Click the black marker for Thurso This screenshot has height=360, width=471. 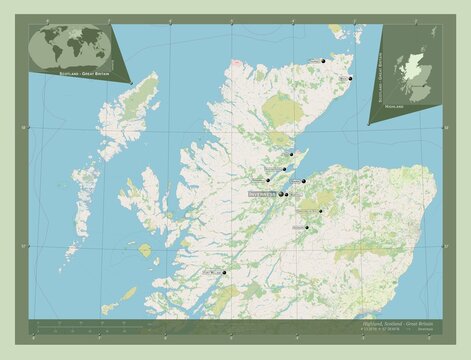coord(324,61)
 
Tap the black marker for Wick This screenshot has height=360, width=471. coord(351,77)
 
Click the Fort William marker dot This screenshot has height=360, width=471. coord(225,271)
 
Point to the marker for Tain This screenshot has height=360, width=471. coord(291,154)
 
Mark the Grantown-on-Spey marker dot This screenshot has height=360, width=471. coord(321,211)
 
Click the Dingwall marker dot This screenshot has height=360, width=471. coord(268,180)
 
